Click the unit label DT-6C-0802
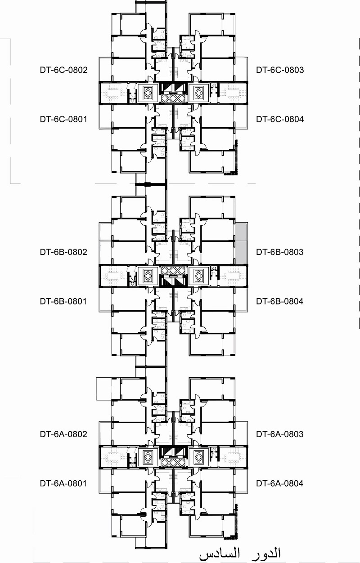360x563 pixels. [x=63, y=70]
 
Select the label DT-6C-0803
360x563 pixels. [x=280, y=70]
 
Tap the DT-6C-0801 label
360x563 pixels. [x=63, y=119]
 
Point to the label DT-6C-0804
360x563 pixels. [x=280, y=119]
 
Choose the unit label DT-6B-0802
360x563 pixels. [x=63, y=252]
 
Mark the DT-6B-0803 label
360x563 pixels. [x=280, y=252]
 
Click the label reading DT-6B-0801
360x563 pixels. [x=63, y=301]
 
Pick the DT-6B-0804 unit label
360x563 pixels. [x=280, y=301]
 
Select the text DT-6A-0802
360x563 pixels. [x=63, y=434]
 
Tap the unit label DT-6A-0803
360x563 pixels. [x=280, y=434]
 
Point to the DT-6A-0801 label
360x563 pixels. [x=63, y=483]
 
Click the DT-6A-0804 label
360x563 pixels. [x=280, y=483]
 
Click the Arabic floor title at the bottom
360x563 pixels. [x=240, y=553]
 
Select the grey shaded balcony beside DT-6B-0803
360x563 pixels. [x=241, y=244]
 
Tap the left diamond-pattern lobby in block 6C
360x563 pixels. [x=148, y=93]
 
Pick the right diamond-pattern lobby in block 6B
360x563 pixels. [x=199, y=275]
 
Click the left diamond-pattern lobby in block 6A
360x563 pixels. [x=148, y=457]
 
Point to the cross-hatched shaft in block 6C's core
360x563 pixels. [x=173, y=98]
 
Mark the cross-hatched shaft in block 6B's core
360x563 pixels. [x=173, y=270]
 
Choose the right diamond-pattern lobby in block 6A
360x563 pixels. [x=199, y=457]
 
